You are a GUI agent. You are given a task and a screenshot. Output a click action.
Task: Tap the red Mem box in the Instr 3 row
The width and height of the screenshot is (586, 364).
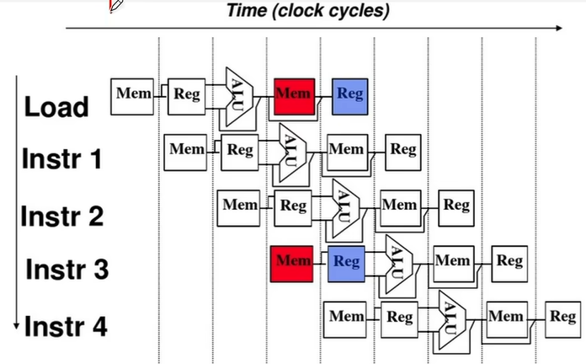pyautogui.click(x=293, y=262)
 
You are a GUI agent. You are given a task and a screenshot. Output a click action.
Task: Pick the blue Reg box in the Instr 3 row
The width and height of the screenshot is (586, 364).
pyautogui.click(x=345, y=262)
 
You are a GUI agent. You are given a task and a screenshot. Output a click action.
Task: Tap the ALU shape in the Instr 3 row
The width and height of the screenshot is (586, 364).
pyautogui.click(x=398, y=260)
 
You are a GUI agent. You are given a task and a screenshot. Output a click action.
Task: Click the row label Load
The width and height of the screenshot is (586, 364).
pyautogui.click(x=56, y=107)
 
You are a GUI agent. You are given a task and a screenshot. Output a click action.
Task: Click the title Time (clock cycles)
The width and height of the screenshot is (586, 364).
pyautogui.click(x=308, y=11)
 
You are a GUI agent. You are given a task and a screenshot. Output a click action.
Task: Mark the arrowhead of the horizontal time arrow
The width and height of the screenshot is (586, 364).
pyautogui.click(x=558, y=29)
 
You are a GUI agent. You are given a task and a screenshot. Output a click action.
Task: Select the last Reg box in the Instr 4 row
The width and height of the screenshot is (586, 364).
pyautogui.click(x=562, y=318)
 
